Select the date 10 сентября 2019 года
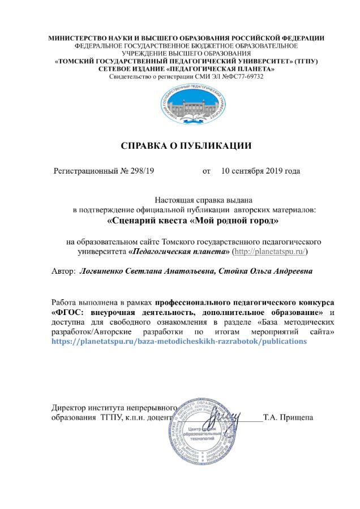pyautogui.click(x=260, y=170)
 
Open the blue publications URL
pyautogui.click(x=179, y=342)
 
